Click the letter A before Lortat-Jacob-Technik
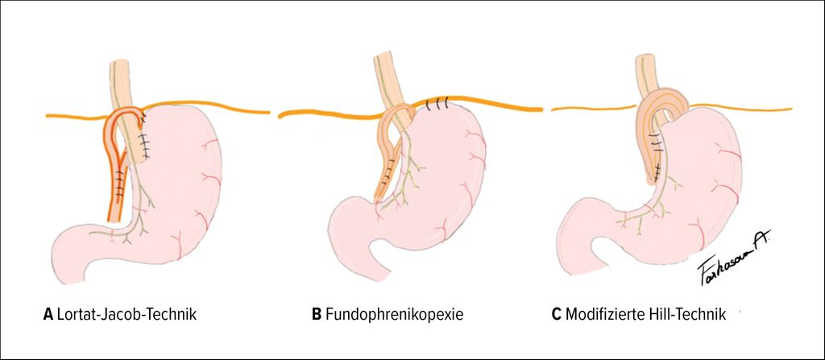pyautogui.click(x=48, y=313)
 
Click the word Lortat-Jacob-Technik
pyautogui.click(x=126, y=313)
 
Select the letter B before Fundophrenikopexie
pyautogui.click(x=316, y=313)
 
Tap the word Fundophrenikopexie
pyautogui.click(x=394, y=313)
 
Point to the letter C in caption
pyautogui.click(x=556, y=313)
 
